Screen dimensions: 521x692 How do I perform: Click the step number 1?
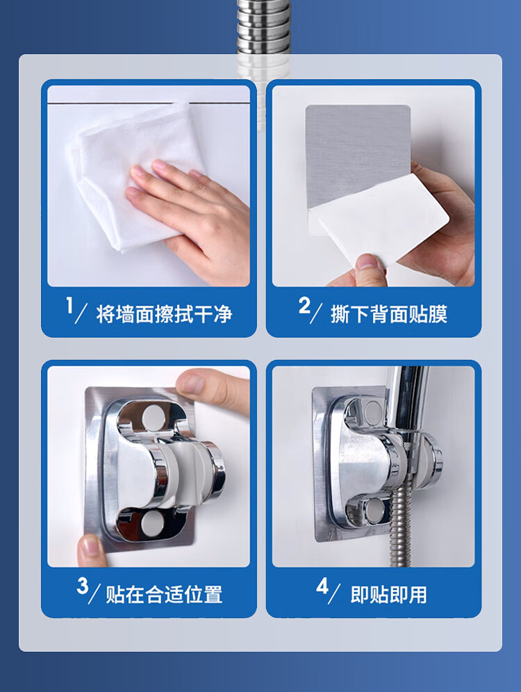pos(69,306)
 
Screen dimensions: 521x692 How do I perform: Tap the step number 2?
pos(305,306)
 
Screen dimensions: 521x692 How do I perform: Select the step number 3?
pos(83,586)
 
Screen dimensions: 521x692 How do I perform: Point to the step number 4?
pos(322,586)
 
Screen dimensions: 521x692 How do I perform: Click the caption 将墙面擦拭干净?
pos(164,314)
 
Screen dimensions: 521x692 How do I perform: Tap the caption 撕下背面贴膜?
pos(389,314)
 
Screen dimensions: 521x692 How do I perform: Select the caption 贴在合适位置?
pos(164,595)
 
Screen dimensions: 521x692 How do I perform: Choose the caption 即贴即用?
pos(388,595)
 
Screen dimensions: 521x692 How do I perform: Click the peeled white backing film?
pos(379,221)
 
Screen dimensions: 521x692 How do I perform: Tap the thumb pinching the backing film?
pos(370,269)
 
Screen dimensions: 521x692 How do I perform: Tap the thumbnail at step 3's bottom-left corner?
pos(92,547)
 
